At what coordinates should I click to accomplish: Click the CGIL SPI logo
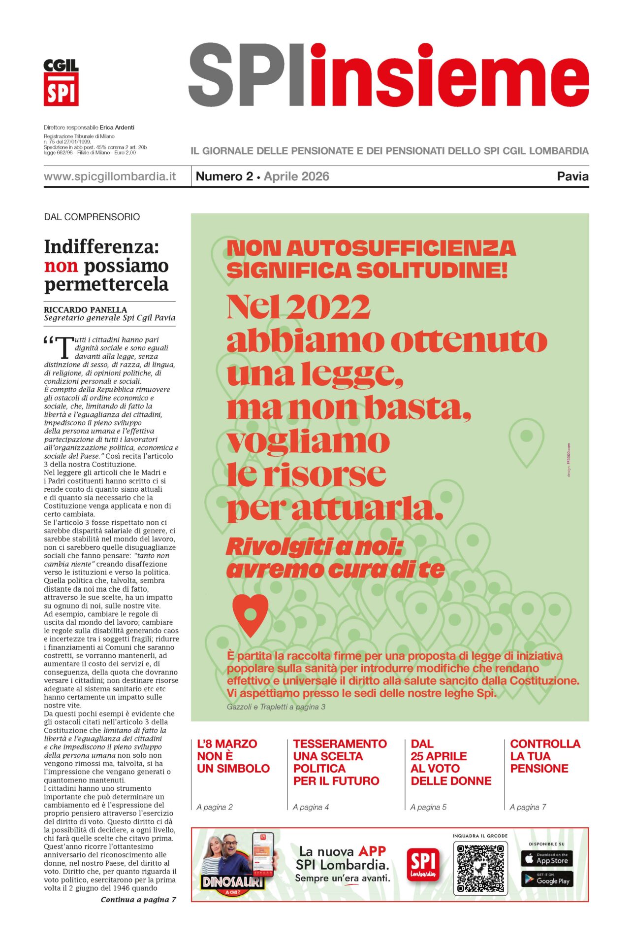click(61, 82)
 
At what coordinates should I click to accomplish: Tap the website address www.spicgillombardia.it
click(110, 176)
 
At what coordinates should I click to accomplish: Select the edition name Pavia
click(572, 176)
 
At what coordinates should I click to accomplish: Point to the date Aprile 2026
click(296, 176)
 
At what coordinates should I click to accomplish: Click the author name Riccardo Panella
click(85, 309)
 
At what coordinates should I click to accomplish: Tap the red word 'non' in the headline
click(61, 266)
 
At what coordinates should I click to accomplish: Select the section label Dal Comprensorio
click(92, 217)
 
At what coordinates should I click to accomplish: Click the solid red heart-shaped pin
click(251, 614)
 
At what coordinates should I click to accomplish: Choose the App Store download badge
click(546, 859)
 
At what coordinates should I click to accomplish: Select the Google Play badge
click(546, 880)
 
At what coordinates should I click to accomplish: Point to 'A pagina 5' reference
click(428, 807)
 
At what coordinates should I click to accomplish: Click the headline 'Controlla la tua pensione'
click(545, 756)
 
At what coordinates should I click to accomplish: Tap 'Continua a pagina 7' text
click(138, 900)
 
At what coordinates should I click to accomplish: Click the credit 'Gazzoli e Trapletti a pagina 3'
click(276, 707)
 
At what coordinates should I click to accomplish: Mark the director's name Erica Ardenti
click(117, 127)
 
